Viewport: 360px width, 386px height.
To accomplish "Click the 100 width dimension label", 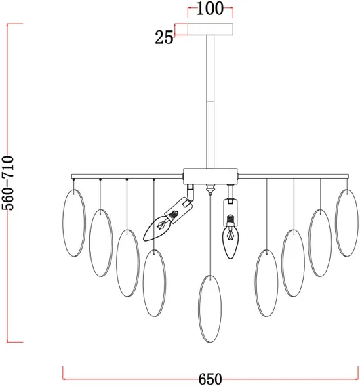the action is [210, 9].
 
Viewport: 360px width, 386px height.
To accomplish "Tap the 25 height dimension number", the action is [164, 38].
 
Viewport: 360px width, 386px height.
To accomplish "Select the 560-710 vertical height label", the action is [7, 183].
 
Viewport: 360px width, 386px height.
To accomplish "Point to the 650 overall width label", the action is [210, 379].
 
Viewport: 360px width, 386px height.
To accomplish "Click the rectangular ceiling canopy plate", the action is [210, 29].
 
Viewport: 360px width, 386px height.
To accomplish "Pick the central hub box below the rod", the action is [210, 176].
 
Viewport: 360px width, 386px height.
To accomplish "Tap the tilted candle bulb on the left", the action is [157, 228].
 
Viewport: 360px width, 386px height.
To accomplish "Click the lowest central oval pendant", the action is [209, 309].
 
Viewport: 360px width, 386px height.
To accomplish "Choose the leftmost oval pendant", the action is [74, 223].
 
